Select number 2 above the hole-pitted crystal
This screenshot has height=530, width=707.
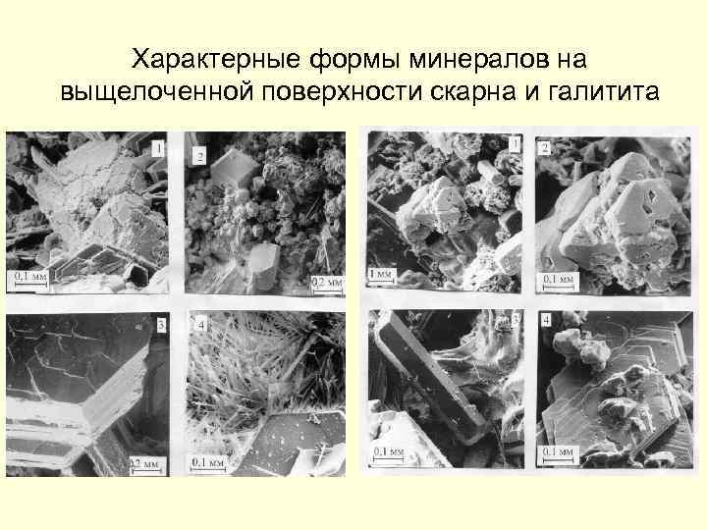[545, 148]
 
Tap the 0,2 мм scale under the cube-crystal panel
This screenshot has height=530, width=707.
[326, 282]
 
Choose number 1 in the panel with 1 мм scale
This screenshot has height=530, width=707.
[514, 144]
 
